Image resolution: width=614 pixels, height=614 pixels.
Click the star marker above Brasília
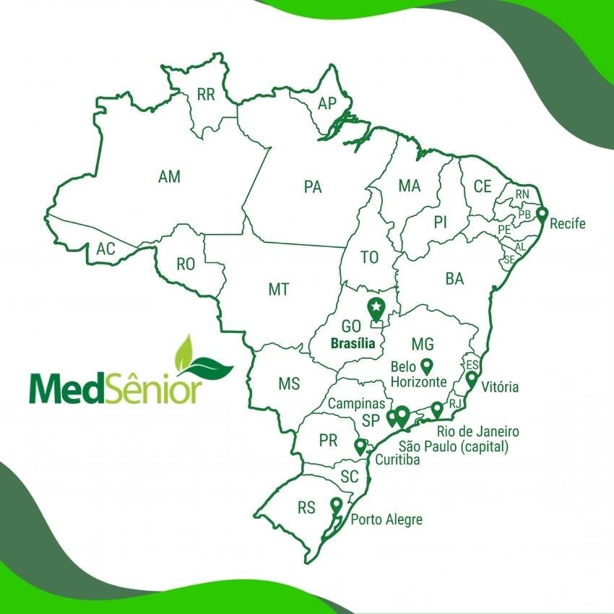[x=376, y=308]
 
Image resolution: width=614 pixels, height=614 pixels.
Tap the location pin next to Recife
[x=542, y=215]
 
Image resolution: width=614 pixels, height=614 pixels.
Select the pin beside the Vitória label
[x=472, y=379]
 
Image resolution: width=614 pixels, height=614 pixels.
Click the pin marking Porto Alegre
[x=336, y=505]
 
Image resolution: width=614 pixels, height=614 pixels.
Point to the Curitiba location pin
[x=360, y=446]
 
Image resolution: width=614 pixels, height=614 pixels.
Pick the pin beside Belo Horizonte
[x=426, y=366]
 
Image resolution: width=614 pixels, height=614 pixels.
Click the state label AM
[x=169, y=176]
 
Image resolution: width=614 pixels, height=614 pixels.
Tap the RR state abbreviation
[x=206, y=94]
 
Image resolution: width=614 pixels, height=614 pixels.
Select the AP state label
[x=327, y=104]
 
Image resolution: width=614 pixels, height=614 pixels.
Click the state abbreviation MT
[x=279, y=290]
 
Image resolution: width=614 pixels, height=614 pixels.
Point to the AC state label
[x=105, y=249]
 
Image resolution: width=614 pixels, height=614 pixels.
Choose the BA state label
[x=454, y=279]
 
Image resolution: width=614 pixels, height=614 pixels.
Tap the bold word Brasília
[x=352, y=344]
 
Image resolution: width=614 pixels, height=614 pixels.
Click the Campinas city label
[x=357, y=404]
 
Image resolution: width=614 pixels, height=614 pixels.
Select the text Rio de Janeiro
[x=477, y=432]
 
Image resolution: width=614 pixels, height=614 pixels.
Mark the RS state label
[x=306, y=508]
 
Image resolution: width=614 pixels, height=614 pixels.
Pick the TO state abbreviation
[x=369, y=257]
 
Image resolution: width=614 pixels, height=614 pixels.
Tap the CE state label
[x=483, y=186]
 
